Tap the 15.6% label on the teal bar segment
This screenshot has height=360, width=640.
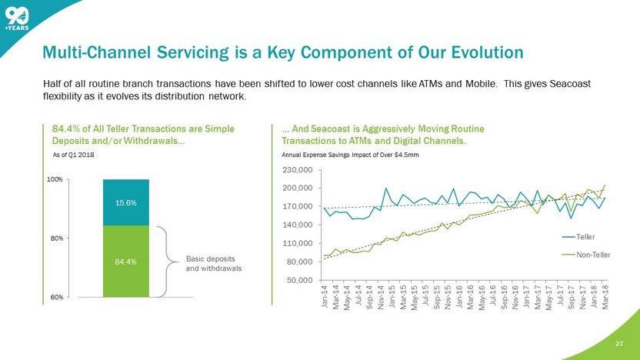[x=125, y=202]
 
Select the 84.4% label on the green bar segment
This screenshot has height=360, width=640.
[x=125, y=262]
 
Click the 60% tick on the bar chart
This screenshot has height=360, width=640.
[x=56, y=297]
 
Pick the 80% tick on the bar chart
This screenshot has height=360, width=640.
[x=56, y=238]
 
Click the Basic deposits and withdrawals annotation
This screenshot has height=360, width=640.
[x=214, y=263]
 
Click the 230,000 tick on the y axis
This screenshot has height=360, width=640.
[x=298, y=169]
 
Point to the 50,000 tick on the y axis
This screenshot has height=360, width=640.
[x=300, y=280]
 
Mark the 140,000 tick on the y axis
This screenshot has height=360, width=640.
[x=298, y=225]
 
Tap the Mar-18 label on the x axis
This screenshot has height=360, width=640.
[x=606, y=295]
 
